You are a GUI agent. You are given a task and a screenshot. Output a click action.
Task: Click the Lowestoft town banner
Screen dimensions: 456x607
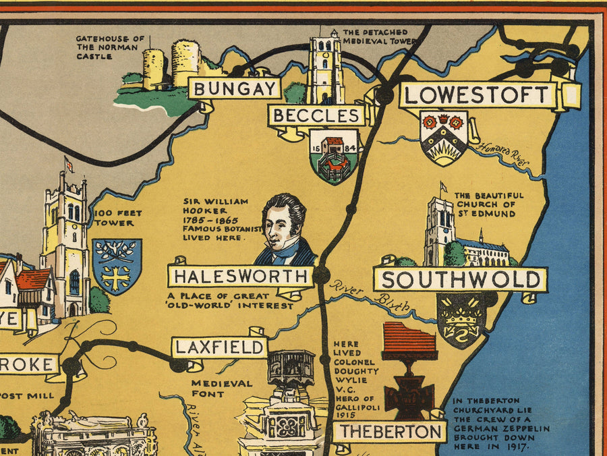click(x=478, y=95)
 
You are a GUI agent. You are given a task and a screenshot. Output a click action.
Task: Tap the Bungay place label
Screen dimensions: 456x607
click(x=235, y=88)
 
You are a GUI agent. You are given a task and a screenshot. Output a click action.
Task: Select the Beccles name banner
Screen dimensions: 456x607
click(x=317, y=115)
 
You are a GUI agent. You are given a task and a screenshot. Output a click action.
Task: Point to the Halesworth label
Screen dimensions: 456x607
click(x=241, y=276)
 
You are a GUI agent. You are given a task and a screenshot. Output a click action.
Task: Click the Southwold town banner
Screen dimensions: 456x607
click(x=460, y=279)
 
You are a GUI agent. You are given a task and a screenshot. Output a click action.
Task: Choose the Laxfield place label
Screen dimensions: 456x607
click(x=219, y=347)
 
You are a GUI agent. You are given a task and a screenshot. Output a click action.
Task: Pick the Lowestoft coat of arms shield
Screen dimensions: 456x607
click(x=443, y=137)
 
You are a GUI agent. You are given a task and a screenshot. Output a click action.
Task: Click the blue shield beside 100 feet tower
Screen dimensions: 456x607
click(x=116, y=266)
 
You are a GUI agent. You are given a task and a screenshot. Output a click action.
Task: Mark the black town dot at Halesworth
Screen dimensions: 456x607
click(x=322, y=275)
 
